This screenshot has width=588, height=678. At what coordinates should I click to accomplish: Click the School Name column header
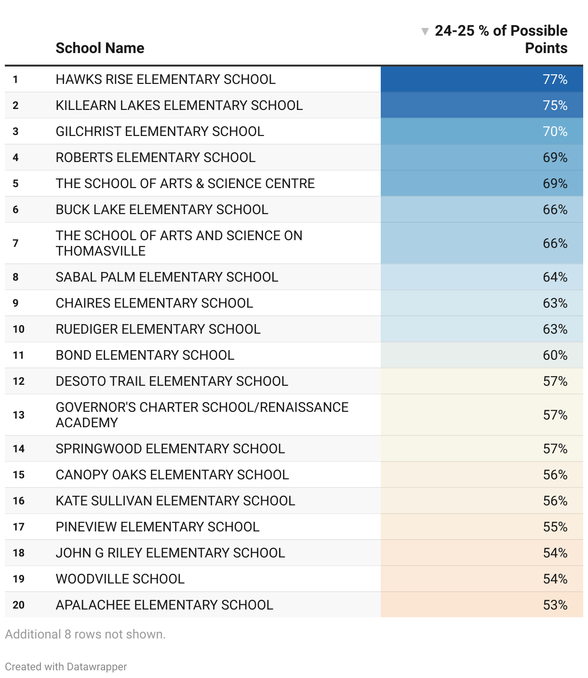point(100,48)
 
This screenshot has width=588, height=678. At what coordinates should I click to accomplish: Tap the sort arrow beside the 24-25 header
point(425,32)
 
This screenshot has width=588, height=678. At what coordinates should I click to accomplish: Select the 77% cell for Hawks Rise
point(555,80)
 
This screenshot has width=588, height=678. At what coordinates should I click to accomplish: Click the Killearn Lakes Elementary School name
point(179,106)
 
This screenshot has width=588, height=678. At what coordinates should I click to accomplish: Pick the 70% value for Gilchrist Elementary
point(555,132)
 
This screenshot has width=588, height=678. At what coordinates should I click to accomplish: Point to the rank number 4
point(16,158)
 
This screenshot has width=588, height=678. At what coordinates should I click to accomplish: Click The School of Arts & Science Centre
point(185,184)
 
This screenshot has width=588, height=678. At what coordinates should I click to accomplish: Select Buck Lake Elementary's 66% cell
point(555,210)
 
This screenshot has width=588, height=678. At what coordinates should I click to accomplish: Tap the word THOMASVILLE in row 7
point(100,251)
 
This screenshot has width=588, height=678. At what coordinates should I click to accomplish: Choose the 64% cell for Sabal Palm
point(555,277)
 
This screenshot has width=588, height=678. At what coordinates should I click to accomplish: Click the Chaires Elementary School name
point(154,303)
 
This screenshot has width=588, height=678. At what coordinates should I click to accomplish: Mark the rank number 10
point(19,329)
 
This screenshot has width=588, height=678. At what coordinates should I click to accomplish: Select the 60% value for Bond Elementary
point(555,355)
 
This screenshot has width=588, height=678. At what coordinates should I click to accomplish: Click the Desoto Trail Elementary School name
point(172,381)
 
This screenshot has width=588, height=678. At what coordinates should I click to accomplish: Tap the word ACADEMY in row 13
point(87,423)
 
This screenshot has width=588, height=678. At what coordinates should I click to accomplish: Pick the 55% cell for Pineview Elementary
point(555,527)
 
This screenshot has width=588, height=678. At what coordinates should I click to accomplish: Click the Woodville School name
point(120,579)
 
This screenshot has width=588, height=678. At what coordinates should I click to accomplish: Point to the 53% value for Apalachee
point(555,605)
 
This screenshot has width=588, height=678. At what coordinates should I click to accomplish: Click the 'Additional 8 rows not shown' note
point(85,634)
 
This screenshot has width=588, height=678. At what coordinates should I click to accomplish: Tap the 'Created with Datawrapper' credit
point(66,667)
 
